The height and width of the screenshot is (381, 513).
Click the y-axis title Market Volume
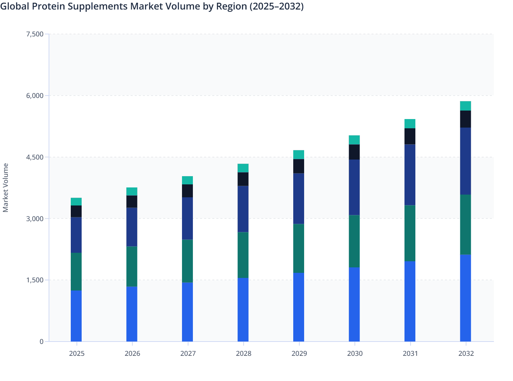pos(6,187)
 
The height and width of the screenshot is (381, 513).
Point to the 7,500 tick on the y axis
pos(35,34)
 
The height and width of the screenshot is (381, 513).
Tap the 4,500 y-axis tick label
pos(35,157)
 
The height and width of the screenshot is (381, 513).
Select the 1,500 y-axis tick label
pos(35,280)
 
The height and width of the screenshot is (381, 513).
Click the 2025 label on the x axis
pos(77,353)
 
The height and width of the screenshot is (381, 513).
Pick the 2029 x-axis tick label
pos(299,353)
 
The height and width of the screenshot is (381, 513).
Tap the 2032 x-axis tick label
pos(466,353)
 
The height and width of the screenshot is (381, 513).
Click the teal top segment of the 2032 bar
pos(465,106)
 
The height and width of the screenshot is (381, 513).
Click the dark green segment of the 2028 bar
pos(243,255)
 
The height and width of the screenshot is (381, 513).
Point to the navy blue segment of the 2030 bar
pos(354,187)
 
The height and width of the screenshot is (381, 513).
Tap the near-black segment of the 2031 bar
pos(410,136)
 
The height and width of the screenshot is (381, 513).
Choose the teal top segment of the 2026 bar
pos(132,192)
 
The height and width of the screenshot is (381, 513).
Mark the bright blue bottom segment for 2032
pos(465,298)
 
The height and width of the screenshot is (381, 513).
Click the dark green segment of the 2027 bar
pos(187,261)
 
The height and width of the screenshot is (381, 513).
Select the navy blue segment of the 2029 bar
pos(299,199)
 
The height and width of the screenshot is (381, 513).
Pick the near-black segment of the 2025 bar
pos(76,211)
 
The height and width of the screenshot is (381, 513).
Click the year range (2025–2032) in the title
pos(277,7)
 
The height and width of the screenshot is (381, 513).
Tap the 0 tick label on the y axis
pos(42,342)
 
